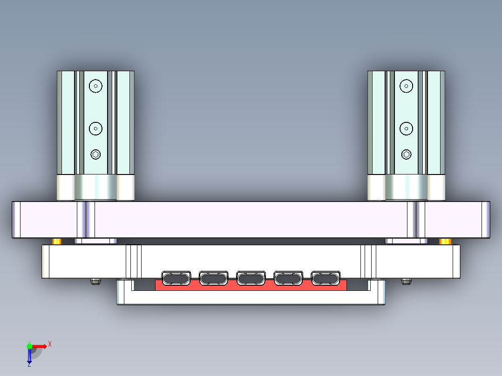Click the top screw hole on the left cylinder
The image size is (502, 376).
coord(95,86)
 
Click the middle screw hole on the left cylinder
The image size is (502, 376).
coord(95,128)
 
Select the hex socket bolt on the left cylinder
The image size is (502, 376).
coord(95,154)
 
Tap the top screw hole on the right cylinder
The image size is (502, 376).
coord(406,86)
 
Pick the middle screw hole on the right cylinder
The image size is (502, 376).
coord(406,128)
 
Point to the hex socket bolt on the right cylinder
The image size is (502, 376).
coord(406,154)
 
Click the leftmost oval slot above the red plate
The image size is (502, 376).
coord(176,278)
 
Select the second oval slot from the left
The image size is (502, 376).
coord(213,278)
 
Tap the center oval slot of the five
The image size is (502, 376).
coord(251,278)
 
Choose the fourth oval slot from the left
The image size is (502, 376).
coord(288,278)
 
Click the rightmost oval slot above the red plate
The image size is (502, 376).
coord(326,278)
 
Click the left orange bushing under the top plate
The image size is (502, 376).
coord(57,241)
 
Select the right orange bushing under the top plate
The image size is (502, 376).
coord(445,241)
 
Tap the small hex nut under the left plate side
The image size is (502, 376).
coord(95,281)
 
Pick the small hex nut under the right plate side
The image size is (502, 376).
coord(406,281)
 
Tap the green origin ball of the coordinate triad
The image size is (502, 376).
coord(29,346)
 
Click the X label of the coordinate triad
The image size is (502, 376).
coord(50,344)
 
